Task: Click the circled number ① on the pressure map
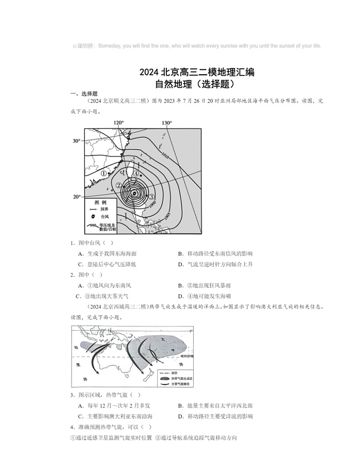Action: click(103, 173)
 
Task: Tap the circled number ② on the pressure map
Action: click(118, 185)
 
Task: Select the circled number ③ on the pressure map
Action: click(152, 196)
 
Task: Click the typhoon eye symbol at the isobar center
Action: click(134, 193)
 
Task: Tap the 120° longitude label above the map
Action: click(118, 123)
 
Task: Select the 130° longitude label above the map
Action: click(166, 123)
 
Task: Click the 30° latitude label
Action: click(76, 141)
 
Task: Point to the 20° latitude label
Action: click(76, 197)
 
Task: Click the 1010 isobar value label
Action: click(165, 155)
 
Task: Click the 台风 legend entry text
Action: click(104, 217)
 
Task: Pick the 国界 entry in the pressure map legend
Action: click(104, 209)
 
